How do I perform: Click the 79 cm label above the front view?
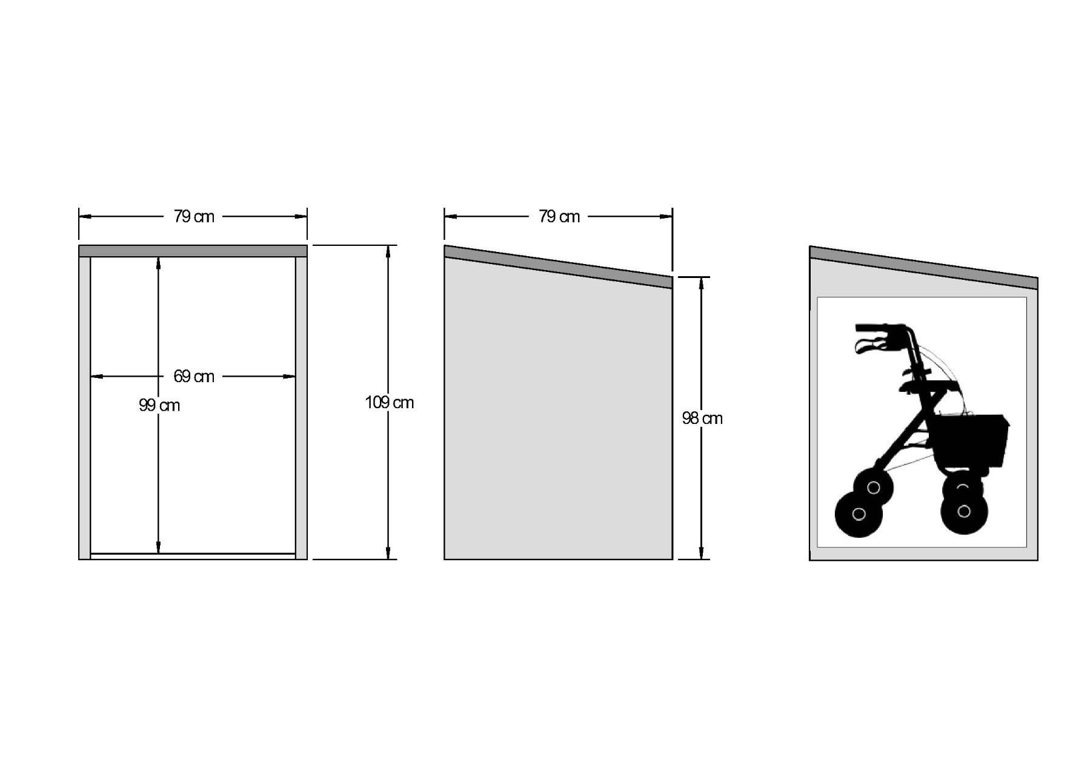194,216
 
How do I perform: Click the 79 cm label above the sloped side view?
559,216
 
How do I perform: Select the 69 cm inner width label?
194,376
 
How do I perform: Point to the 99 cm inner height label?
159,405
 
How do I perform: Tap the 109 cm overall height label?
390,402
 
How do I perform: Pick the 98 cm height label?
702,418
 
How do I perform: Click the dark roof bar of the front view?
193,251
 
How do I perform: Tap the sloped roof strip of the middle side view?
559,266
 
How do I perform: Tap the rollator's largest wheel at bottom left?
859,514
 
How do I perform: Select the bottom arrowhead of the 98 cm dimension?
701,553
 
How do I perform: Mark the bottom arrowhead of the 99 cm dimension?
158,547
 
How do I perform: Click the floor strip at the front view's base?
193,556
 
